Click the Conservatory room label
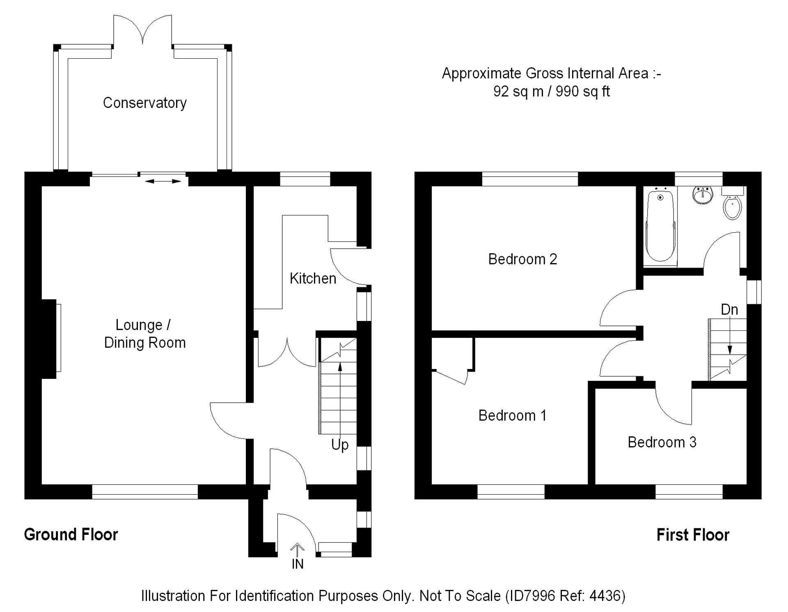coord(144,103)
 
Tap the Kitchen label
coord(313,279)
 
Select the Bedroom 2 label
coord(522,259)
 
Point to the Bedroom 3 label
coord(662,442)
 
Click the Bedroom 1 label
coord(512,415)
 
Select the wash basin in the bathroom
coord(703,195)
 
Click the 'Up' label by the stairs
coord(340,445)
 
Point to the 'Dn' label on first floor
coord(729,309)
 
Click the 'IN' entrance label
coord(298,564)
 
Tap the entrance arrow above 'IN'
coord(297,550)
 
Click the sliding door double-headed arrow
coord(163,181)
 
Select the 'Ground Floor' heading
coord(71,534)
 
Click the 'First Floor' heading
coord(693,535)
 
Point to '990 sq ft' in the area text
coord(583,91)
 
